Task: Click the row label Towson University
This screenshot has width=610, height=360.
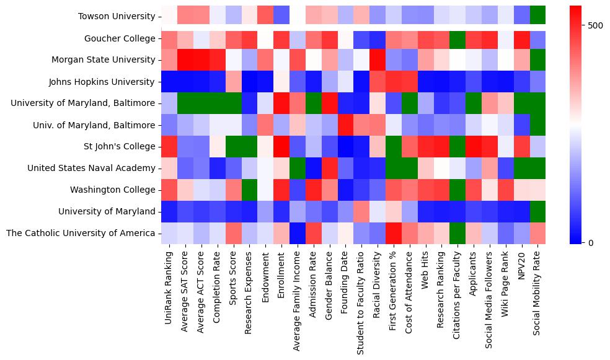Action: point(117,17)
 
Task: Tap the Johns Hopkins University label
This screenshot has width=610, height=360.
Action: point(102,82)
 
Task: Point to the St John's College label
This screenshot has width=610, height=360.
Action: point(120,147)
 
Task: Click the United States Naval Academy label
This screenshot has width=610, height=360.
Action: point(91,168)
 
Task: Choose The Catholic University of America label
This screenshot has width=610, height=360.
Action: point(80,233)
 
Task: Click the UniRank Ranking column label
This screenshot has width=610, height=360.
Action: point(169,279)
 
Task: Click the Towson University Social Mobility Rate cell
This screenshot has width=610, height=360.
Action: point(538,14)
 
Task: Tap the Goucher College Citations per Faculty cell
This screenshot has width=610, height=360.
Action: point(457,38)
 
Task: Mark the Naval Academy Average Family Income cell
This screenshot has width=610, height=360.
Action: point(298,168)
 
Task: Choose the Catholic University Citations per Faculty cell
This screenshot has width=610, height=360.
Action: point(457,233)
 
